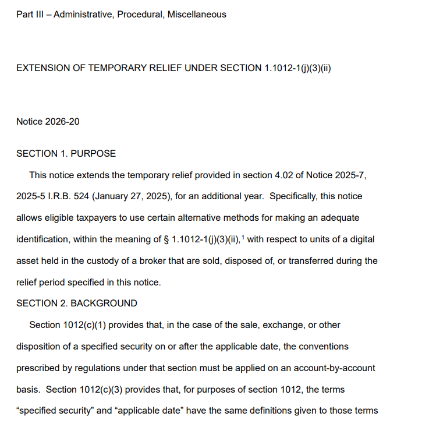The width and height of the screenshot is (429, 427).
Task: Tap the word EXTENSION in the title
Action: [x=44, y=68]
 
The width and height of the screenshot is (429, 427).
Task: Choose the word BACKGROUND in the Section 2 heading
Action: [x=104, y=304]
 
